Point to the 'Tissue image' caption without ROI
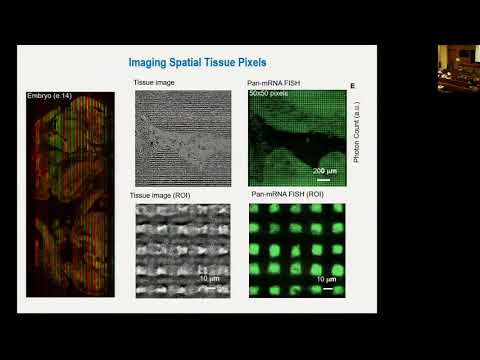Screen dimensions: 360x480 156,82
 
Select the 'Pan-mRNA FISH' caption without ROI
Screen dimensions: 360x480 276,82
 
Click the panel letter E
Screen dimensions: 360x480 352,87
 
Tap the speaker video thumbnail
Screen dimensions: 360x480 458,67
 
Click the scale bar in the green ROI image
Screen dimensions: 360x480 324,290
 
